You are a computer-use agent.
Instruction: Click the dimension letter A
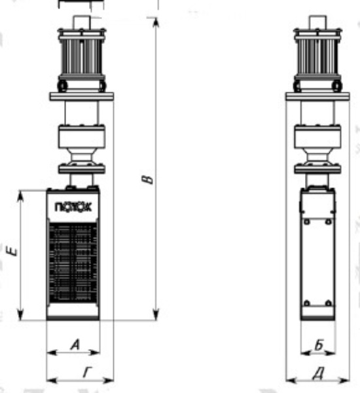[x=75, y=345]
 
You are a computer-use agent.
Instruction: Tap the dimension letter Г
[x=87, y=372]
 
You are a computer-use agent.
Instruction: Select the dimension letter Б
[x=319, y=345]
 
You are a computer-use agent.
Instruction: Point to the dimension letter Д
[x=319, y=373]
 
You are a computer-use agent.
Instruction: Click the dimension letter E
[x=12, y=252]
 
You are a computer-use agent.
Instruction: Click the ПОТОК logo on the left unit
[x=73, y=207]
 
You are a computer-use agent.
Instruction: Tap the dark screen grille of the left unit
[x=73, y=262]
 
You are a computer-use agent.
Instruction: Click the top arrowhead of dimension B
[x=156, y=22]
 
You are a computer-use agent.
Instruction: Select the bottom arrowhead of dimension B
[x=156, y=315]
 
